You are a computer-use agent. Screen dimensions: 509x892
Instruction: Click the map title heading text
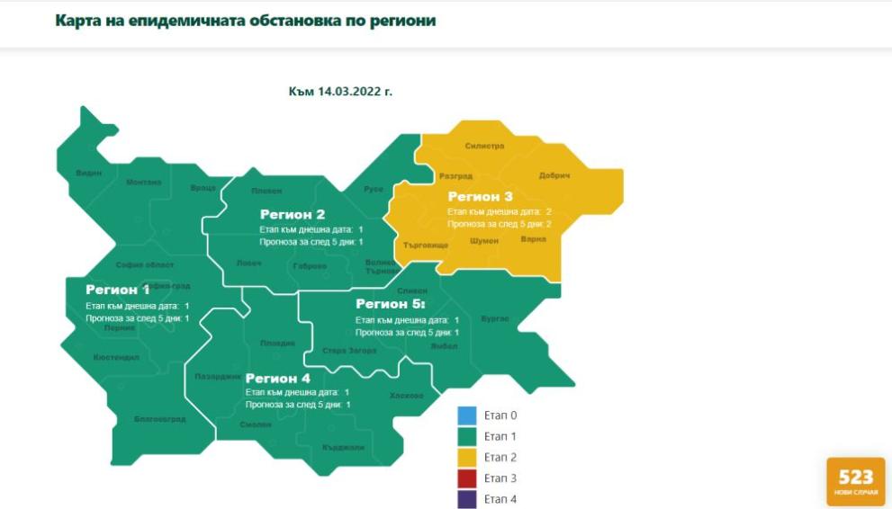245,21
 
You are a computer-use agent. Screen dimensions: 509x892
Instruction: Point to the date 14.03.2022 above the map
340,92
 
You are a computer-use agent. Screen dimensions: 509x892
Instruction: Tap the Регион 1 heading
118,290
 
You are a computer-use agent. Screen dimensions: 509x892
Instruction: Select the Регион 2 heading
293,214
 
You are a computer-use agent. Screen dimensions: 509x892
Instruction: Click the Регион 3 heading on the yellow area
480,197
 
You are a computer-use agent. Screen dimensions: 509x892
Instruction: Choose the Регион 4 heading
277,379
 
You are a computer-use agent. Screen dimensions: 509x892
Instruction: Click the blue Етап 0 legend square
466,415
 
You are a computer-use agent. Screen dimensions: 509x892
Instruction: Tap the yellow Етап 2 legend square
466,458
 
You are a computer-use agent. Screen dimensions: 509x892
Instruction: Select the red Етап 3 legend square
466,478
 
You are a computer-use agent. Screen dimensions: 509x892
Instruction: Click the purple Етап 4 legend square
466,499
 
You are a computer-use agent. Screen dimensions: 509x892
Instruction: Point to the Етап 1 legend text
500,436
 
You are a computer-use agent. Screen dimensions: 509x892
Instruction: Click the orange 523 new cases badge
855,482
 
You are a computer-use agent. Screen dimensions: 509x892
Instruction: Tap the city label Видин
89,173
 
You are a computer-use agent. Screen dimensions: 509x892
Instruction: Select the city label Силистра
485,146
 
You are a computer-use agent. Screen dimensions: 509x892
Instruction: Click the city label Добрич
554,175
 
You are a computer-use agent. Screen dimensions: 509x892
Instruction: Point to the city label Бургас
495,318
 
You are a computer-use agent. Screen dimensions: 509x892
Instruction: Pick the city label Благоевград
159,419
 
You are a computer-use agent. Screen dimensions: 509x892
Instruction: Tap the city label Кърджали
343,447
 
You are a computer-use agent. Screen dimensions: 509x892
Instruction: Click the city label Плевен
266,191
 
